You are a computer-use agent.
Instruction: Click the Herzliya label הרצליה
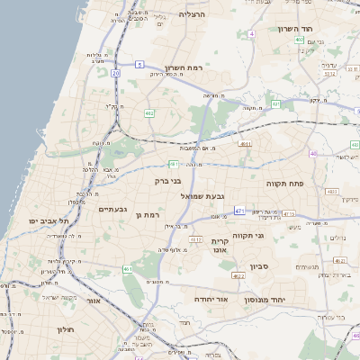[193, 14]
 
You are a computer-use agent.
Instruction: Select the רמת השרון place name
[186, 67]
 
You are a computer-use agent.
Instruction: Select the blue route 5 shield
[140, 64]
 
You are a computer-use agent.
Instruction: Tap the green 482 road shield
[148, 112]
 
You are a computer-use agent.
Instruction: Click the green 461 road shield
[128, 268]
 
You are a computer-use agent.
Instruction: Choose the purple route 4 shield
[252, 33]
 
